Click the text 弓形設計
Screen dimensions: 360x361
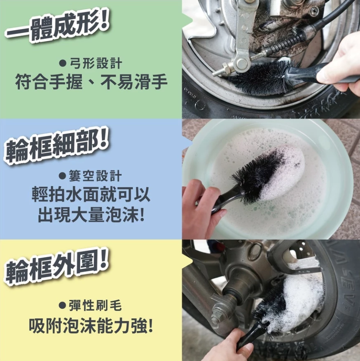pyautogui.click(x=95, y=63)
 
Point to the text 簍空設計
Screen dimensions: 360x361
pyautogui.click(x=95, y=176)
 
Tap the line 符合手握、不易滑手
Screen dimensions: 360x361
pyautogui.click(x=91, y=82)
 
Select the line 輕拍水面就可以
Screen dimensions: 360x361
pyautogui.click(x=91, y=195)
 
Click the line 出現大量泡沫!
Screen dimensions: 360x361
pyautogui.click(x=91, y=215)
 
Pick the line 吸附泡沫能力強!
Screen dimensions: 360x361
pyautogui.click(x=91, y=326)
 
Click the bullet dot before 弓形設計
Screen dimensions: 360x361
pyautogui.click(x=63, y=63)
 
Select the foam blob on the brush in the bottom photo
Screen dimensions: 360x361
pyautogui.click(x=302, y=299)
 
